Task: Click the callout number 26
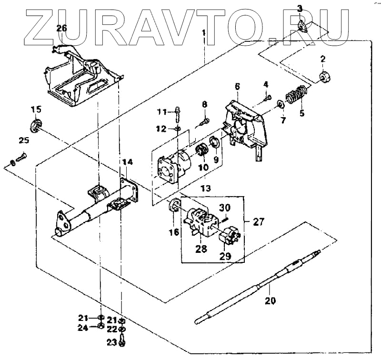pyautogui.click(x=61, y=28)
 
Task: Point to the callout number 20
pyautogui.click(x=270, y=301)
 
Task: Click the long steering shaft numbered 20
pyautogui.click(x=257, y=286)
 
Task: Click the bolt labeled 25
pyautogui.click(x=21, y=156)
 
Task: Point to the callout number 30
pyautogui.click(x=225, y=207)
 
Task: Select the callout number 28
pyautogui.click(x=201, y=248)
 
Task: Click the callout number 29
pyautogui.click(x=225, y=256)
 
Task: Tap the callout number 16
pyautogui.click(x=174, y=232)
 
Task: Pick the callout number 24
pyautogui.click(x=83, y=327)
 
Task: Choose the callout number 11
pyautogui.click(x=162, y=112)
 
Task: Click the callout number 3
pyautogui.click(x=300, y=8)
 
